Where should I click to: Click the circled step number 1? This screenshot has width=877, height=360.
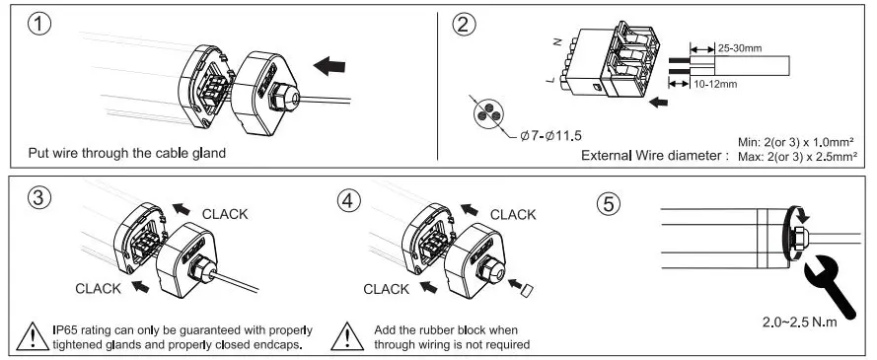(x=39, y=24)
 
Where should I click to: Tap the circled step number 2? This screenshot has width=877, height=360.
(x=464, y=24)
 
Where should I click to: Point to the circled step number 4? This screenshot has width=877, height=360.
(x=348, y=200)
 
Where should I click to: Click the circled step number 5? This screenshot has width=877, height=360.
(x=609, y=204)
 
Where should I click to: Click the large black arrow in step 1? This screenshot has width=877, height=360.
(x=329, y=65)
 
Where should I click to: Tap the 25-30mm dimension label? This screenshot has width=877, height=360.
(x=740, y=48)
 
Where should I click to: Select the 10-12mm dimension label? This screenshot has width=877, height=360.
(x=715, y=85)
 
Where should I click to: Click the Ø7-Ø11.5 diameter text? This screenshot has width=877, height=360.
(x=550, y=136)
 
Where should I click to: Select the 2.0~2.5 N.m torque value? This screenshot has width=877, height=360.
(x=800, y=323)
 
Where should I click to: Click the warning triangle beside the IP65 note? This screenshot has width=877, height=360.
(x=33, y=336)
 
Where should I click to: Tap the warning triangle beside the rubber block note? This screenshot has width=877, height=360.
(x=347, y=336)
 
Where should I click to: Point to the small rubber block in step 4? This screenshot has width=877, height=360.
(x=527, y=290)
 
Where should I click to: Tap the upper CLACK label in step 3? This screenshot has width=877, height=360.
(x=225, y=214)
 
